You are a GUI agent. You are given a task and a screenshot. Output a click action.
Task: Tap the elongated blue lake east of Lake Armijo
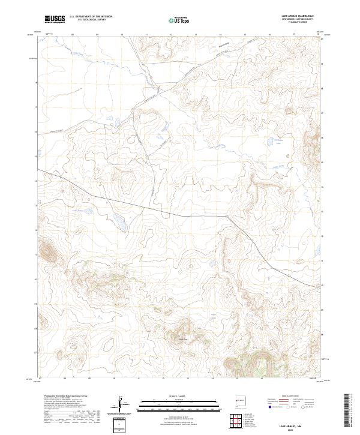tap(119, 223)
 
